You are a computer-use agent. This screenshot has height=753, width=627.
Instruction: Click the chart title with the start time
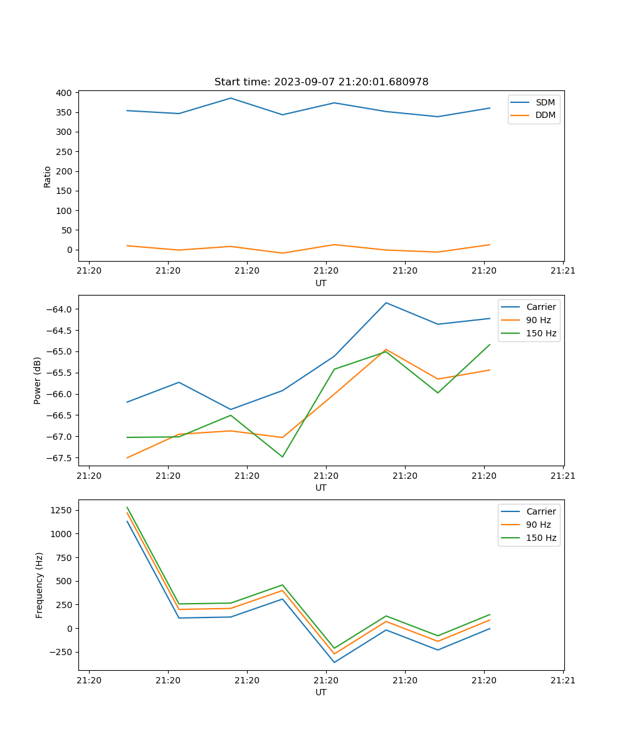click(321, 82)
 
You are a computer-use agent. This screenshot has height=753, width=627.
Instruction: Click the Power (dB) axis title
click(38, 380)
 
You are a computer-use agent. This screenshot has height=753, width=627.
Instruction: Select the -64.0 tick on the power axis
click(59, 309)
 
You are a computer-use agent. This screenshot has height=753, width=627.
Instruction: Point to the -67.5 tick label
click(59, 458)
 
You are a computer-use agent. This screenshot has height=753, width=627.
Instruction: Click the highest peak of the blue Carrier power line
click(386, 303)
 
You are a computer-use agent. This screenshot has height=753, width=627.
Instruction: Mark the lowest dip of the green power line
click(282, 457)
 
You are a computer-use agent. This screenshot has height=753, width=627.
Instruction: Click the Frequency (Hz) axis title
click(39, 585)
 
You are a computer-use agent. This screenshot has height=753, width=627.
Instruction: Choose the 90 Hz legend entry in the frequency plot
click(539, 525)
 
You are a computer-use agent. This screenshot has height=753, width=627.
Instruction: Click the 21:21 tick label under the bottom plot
click(562, 680)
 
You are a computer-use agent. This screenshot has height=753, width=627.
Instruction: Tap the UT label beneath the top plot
click(321, 283)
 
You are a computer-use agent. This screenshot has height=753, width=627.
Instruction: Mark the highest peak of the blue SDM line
click(231, 98)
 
